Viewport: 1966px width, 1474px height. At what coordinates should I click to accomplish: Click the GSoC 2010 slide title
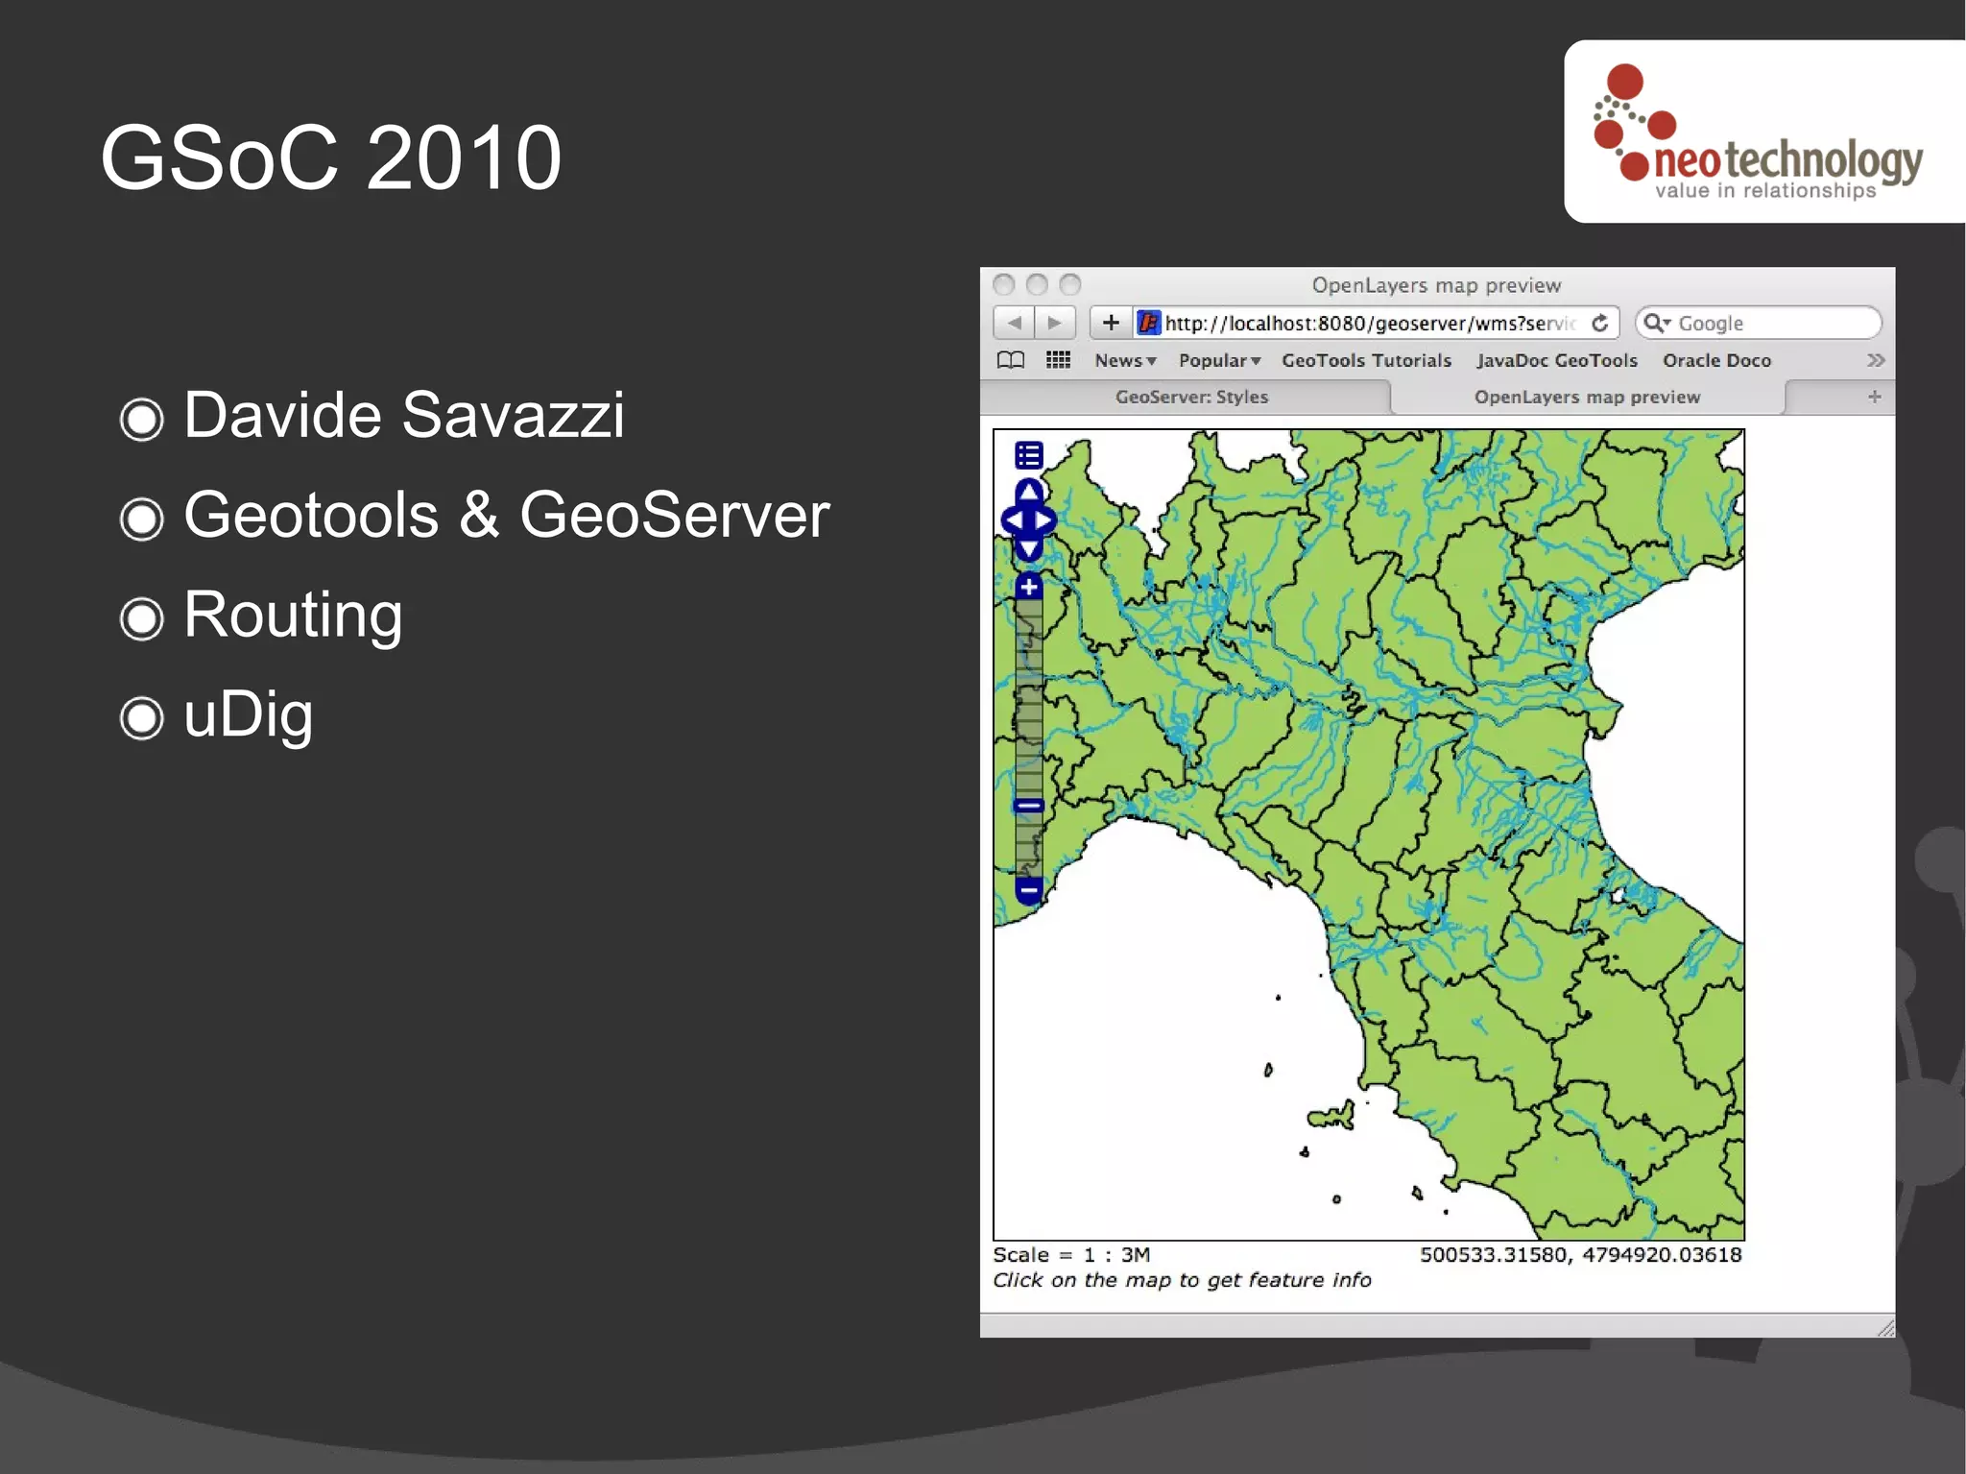click(330, 158)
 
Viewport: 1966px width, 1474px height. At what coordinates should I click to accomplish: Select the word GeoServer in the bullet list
click(674, 516)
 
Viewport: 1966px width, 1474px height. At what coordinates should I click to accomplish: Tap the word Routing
click(293, 616)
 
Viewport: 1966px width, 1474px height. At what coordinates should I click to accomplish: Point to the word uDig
click(248, 715)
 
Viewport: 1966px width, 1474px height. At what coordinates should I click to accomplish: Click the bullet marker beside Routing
click(142, 618)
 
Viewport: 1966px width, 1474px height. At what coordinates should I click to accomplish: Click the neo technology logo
click(1762, 134)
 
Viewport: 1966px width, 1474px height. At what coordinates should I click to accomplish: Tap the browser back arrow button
click(1014, 323)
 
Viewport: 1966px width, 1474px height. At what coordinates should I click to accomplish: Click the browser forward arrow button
click(1055, 323)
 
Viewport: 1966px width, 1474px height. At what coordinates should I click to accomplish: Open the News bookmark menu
click(1124, 361)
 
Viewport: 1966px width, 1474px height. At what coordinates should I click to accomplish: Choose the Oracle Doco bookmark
click(1716, 361)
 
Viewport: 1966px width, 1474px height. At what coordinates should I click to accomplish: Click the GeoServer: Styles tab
click(1190, 398)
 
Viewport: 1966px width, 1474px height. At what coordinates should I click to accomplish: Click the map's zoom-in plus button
click(1029, 587)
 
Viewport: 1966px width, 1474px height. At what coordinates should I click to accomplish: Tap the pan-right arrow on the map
click(1045, 520)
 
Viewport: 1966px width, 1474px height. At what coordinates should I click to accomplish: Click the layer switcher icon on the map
click(1029, 455)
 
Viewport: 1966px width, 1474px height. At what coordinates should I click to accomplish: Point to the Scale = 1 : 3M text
click(1071, 1255)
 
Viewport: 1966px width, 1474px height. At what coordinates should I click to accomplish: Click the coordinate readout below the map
click(1580, 1255)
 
